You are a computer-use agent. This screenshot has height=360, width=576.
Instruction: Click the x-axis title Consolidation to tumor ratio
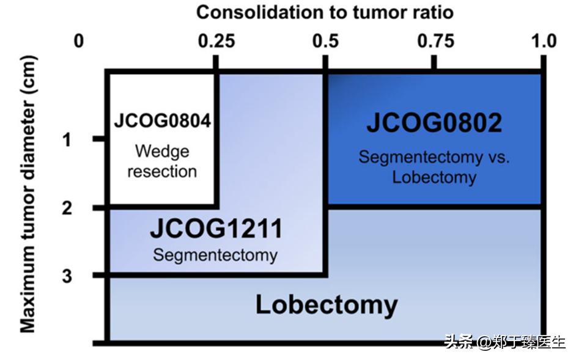click(325, 12)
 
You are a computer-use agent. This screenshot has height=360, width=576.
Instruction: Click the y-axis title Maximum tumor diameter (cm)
click(28, 194)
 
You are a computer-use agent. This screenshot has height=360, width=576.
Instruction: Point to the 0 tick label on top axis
click(78, 42)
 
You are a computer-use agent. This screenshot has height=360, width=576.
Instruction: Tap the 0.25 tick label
click(216, 42)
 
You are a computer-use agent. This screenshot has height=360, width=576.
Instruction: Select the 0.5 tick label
click(325, 42)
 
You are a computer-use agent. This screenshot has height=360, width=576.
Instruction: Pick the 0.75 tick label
click(435, 42)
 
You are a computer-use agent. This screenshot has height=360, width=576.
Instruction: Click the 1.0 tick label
click(544, 42)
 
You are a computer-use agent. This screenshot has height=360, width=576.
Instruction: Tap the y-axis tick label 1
click(67, 140)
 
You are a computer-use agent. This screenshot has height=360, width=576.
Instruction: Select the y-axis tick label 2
click(67, 208)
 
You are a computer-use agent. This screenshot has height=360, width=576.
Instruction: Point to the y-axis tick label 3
click(67, 276)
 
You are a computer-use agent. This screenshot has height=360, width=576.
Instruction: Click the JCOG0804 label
click(162, 120)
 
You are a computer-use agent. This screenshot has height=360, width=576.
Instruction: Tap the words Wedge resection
click(162, 161)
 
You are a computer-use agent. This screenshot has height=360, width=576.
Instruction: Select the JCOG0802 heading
click(434, 123)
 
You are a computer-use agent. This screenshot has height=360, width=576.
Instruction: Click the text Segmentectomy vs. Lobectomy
click(434, 167)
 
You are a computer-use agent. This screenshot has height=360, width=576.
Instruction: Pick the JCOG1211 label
click(216, 229)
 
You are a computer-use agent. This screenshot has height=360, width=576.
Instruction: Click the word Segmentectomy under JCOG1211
click(215, 254)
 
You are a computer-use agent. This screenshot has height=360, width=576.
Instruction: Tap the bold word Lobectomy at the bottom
click(326, 304)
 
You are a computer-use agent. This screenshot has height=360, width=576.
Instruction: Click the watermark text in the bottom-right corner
click(504, 342)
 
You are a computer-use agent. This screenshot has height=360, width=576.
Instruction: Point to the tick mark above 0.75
click(435, 62)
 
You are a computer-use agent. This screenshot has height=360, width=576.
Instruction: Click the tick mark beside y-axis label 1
click(99, 139)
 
